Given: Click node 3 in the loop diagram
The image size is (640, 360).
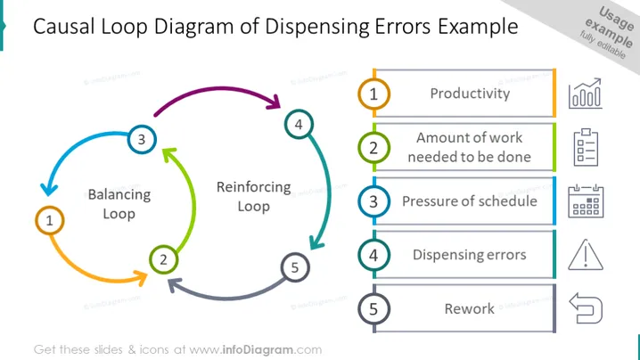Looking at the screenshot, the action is point(142,139).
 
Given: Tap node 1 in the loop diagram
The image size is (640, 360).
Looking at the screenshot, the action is point(49,220).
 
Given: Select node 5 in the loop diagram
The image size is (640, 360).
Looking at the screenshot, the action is point(295,267).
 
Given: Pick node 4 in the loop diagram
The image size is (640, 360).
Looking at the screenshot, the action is point(299,124).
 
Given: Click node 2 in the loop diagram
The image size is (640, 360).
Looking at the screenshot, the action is point(163,259).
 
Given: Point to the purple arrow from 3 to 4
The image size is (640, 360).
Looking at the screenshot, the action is point(220,88).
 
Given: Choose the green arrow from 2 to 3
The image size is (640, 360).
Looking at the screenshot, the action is point(193,200).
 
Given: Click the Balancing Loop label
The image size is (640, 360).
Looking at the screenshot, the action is point(119,204).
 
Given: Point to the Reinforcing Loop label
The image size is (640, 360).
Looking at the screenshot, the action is point(253,197).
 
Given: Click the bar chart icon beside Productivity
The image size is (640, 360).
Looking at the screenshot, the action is point(586,93).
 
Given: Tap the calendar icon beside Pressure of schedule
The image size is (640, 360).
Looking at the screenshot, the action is point(586,201).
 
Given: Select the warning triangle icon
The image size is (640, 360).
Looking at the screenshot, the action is point(586,255).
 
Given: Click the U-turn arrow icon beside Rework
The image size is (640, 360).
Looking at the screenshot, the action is point(586,308).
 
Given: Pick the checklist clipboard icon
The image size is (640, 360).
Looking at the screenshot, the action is point(586,147).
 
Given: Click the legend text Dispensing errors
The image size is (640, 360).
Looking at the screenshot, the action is point(470,255).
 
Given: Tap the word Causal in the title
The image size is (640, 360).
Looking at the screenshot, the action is point(64,27).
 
